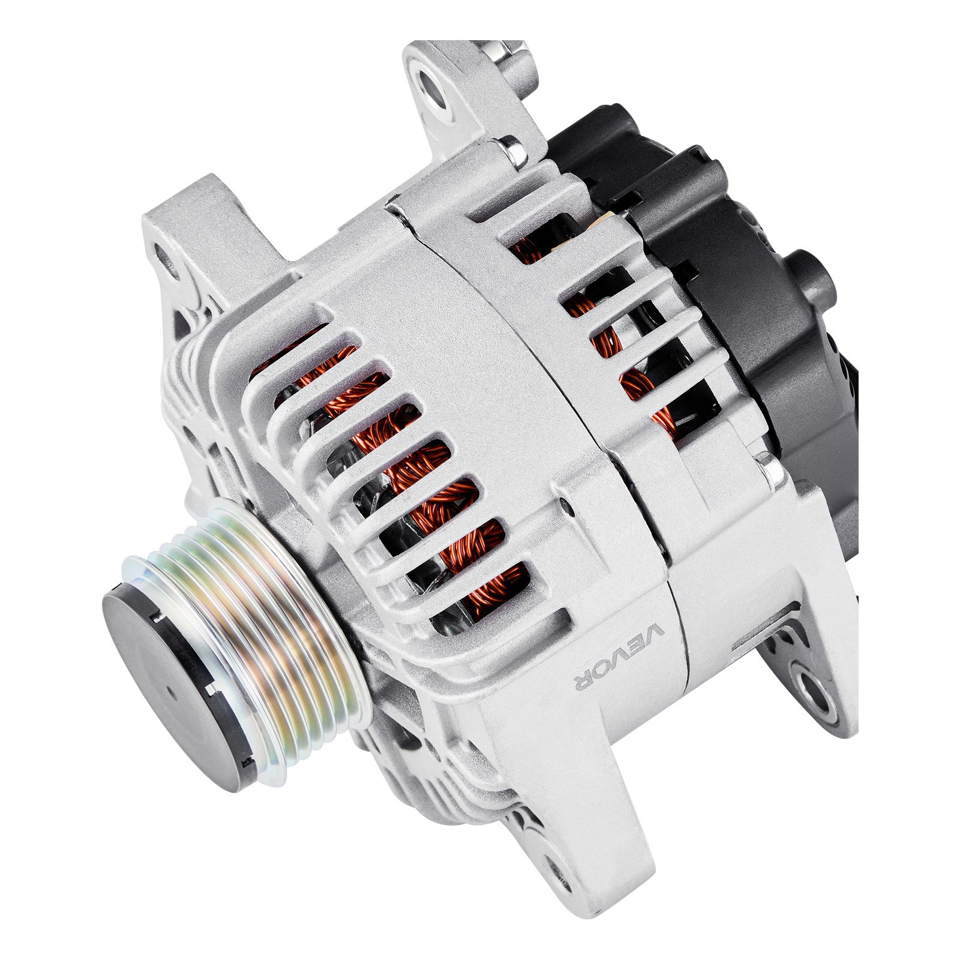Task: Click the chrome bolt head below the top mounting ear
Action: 512,150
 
